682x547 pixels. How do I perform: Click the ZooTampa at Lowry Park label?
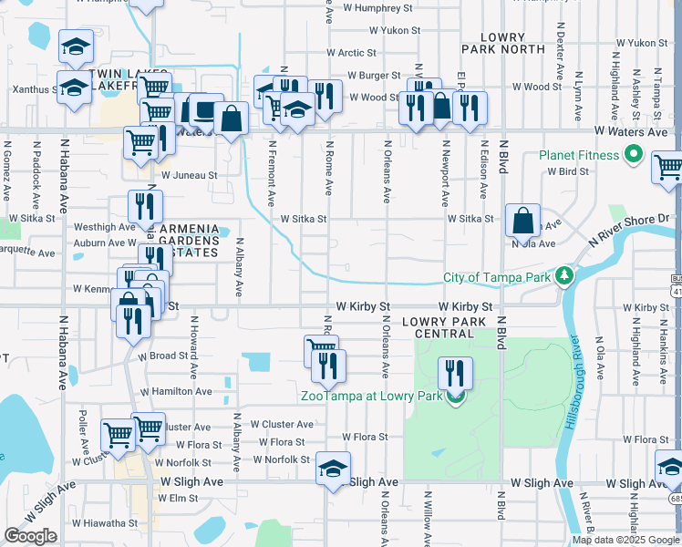pyautogui.click(x=372, y=396)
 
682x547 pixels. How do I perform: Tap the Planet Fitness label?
pyautogui.click(x=579, y=155)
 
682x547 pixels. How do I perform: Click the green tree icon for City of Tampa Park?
pyautogui.click(x=565, y=275)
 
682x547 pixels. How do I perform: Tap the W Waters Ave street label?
pyautogui.click(x=633, y=133)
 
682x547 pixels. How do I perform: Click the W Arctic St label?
pyautogui.click(x=350, y=54)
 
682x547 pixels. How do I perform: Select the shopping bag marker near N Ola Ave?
pyautogui.click(x=522, y=220)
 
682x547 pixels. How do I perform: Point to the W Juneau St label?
pyautogui.click(x=189, y=175)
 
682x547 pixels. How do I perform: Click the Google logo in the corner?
pyautogui.click(x=30, y=536)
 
